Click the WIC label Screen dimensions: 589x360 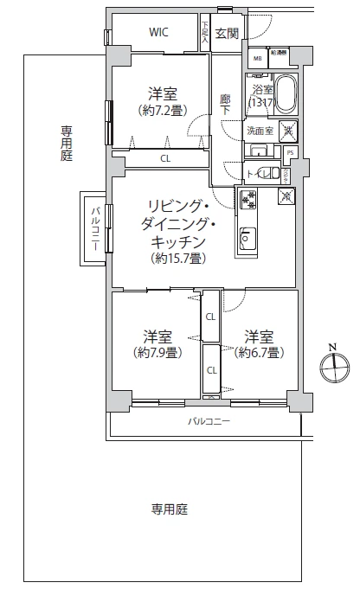158,33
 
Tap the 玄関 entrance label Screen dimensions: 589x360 227,34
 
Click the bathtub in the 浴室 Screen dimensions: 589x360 287,93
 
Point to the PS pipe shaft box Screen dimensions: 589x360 291,152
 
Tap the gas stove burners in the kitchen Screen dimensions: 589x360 248,200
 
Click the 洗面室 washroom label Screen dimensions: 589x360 260,131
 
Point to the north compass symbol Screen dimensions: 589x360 333,368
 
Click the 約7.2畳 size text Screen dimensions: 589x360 157,111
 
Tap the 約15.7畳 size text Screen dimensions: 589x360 177,258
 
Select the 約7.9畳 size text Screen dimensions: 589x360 157,352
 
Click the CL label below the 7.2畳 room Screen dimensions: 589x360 165,158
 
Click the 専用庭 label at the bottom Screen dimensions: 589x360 170,509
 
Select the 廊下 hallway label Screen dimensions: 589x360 225,105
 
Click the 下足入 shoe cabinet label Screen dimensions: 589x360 205,33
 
